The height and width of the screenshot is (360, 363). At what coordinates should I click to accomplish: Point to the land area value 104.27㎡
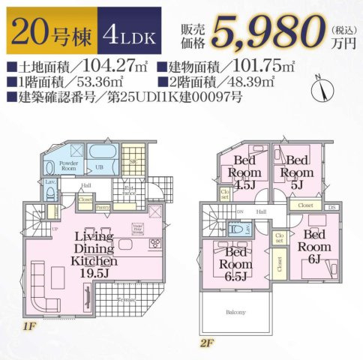(112, 66)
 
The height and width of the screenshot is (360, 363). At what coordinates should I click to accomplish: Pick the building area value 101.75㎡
(259, 66)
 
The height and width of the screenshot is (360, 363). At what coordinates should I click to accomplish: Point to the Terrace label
(125, 299)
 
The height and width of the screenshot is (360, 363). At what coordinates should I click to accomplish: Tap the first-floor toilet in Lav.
(50, 194)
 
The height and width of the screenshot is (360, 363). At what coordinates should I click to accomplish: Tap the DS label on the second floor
(333, 204)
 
